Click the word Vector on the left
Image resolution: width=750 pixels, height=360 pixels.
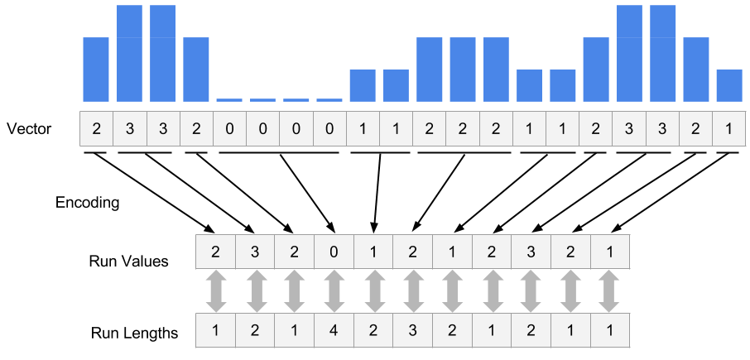28,129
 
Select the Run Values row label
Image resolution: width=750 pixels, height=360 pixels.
128,262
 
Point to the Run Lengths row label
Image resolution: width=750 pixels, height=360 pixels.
134,334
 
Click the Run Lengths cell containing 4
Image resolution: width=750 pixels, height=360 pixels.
334,332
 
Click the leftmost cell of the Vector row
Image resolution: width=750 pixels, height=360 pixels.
97,128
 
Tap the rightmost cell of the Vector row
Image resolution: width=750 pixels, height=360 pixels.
728,128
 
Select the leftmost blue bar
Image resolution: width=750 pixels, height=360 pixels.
96,69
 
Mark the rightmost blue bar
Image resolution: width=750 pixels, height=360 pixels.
729,85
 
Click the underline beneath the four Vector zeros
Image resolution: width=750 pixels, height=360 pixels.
280,152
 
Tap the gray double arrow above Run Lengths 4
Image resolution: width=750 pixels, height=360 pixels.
334,292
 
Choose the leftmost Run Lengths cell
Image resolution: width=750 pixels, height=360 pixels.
215,332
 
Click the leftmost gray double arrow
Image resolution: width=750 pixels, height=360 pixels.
216,292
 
